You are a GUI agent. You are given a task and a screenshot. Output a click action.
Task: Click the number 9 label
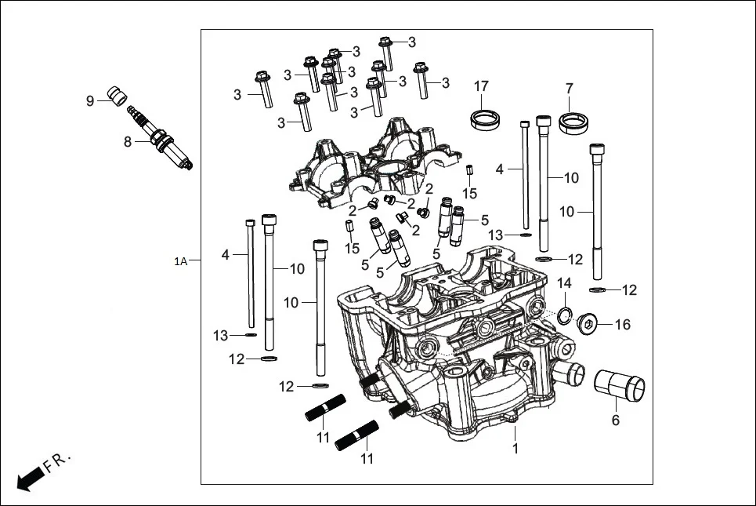click(90, 100)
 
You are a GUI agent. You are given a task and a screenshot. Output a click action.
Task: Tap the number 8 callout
click(127, 142)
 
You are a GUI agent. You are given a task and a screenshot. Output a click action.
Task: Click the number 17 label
click(480, 86)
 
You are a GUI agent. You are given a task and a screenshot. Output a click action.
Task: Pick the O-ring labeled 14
click(563, 316)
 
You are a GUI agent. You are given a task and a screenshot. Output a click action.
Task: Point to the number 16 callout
click(622, 324)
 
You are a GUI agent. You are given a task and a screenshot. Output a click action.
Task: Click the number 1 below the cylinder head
click(515, 449)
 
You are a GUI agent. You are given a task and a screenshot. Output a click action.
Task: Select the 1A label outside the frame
click(181, 260)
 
